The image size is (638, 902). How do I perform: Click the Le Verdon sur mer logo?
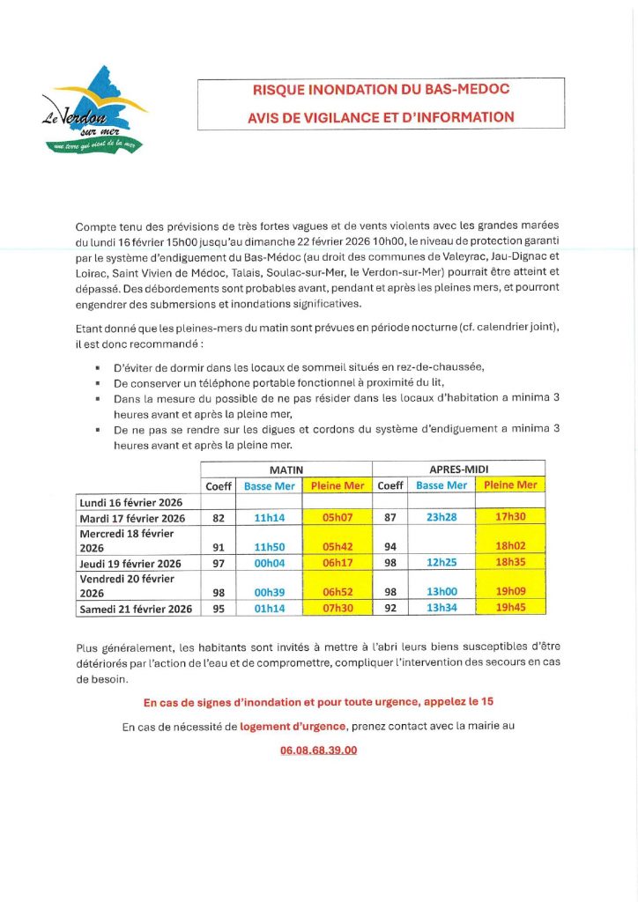click(95, 111)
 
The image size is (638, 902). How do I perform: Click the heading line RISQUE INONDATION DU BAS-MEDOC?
click(381, 90)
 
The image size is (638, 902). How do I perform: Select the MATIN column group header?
click(286, 469)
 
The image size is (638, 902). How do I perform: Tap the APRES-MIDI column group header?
click(459, 469)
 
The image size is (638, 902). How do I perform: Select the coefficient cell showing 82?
click(218, 518)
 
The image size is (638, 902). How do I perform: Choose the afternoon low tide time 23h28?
click(441, 518)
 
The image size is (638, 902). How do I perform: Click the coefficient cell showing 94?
click(389, 547)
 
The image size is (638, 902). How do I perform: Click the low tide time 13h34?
click(441, 608)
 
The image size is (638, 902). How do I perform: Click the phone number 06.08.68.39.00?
click(318, 750)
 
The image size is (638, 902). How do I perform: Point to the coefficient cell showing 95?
click(218, 608)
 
